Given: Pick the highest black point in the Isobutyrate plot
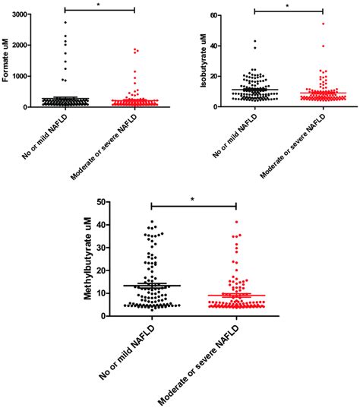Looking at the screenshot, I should point(255,41).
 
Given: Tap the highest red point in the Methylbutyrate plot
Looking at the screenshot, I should point(236,222).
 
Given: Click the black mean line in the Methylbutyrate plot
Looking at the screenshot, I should point(152,286).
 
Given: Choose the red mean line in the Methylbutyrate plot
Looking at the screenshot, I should point(236,295).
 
